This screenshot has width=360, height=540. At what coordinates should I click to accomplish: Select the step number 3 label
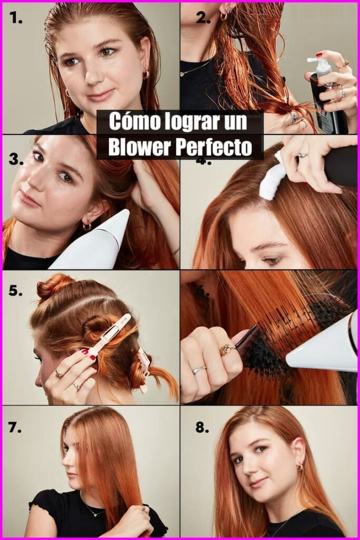(16, 159)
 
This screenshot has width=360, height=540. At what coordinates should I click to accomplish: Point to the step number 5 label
(16, 291)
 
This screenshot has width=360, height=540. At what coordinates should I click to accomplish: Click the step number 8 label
(202, 428)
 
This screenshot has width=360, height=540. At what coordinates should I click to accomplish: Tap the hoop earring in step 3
(87, 225)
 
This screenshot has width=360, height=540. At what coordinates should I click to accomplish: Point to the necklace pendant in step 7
(95, 514)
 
